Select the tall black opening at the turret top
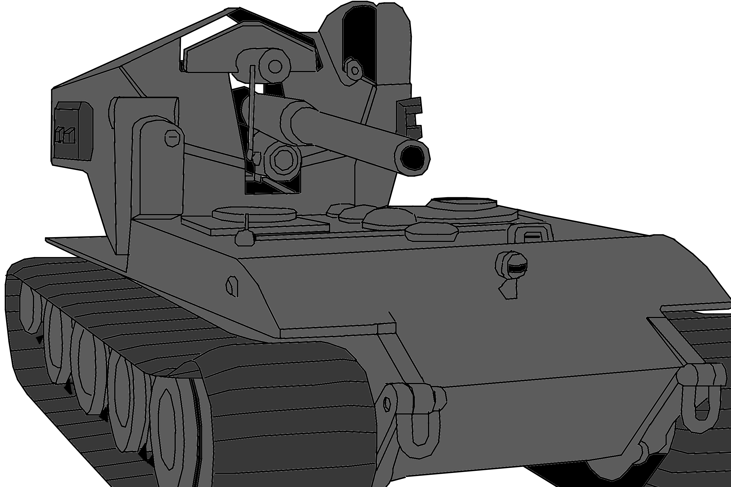[360, 40]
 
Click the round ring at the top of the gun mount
[275, 66]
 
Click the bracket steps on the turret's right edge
[411, 118]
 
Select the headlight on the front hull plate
[515, 265]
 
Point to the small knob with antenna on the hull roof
[245, 238]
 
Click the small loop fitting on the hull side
[232, 286]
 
